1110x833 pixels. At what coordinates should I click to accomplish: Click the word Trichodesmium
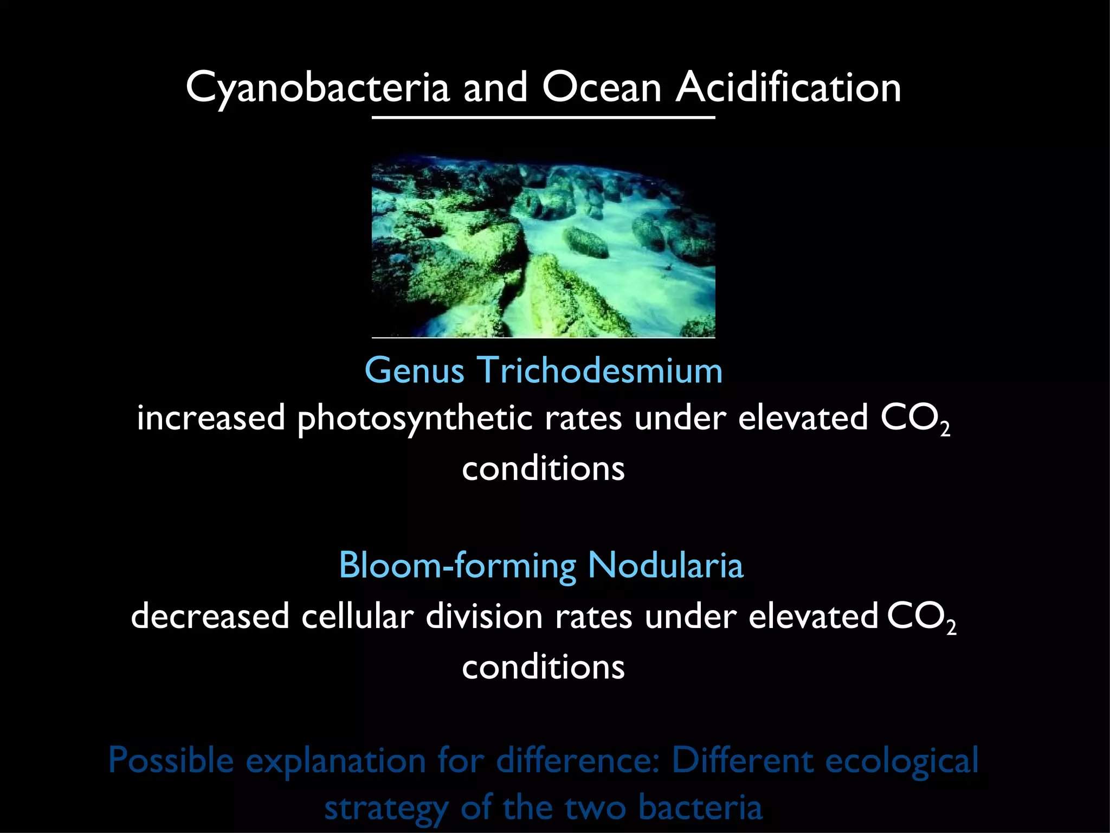tap(600, 371)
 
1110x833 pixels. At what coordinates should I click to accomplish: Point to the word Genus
tap(415, 371)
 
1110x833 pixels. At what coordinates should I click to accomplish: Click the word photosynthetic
tap(415, 419)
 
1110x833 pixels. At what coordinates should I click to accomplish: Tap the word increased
tap(211, 419)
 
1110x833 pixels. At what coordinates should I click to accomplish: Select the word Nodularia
tap(666, 565)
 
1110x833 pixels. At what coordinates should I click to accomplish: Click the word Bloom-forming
tap(457, 565)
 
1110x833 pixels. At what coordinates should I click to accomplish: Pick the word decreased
tap(210, 617)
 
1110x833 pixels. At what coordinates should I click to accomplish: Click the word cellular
tap(357, 617)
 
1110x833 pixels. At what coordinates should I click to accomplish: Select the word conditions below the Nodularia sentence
tap(543, 667)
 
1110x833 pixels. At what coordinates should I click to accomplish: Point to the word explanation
tap(336, 760)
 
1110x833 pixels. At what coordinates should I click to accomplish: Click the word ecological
tap(902, 760)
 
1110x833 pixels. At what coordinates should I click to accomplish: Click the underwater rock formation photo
tap(543, 247)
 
